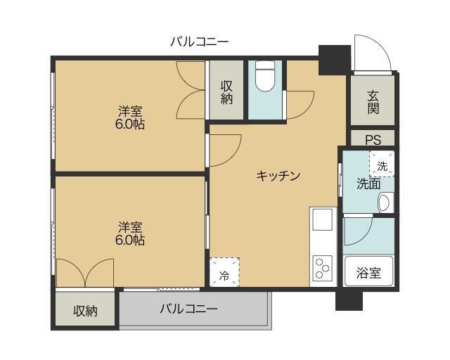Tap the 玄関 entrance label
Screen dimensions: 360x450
tap(373, 103)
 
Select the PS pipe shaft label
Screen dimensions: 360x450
tap(373, 139)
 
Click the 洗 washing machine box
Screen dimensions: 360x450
tap(382, 165)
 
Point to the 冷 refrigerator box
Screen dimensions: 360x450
tap(224, 273)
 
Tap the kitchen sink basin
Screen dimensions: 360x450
tap(323, 220)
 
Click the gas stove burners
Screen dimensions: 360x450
tap(323, 267)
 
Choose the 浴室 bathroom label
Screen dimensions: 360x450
tap(368, 273)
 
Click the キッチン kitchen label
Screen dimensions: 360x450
tap(278, 176)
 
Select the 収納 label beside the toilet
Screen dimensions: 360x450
tap(226, 92)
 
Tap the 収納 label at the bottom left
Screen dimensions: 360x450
tap(86, 310)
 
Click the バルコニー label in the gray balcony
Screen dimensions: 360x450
tap(188, 308)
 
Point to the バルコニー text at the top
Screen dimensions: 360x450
tap(199, 41)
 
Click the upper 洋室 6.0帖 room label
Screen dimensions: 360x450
tap(130, 117)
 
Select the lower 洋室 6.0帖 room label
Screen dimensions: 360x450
tap(130, 233)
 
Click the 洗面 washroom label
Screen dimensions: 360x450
tap(368, 184)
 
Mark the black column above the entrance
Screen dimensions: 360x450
tap(334, 58)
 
